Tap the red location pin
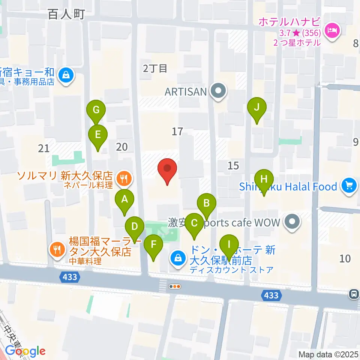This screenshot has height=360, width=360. (168, 171)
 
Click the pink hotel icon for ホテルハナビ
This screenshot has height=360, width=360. (332, 30)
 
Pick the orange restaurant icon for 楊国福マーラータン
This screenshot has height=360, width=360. (57, 249)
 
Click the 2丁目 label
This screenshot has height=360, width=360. (154, 68)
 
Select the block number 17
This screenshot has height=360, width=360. (177, 131)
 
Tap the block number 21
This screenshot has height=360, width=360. (43, 148)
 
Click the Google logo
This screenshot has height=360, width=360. (25, 351)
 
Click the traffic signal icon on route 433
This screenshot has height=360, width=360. (175, 286)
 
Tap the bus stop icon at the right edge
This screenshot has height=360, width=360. (354, 294)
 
